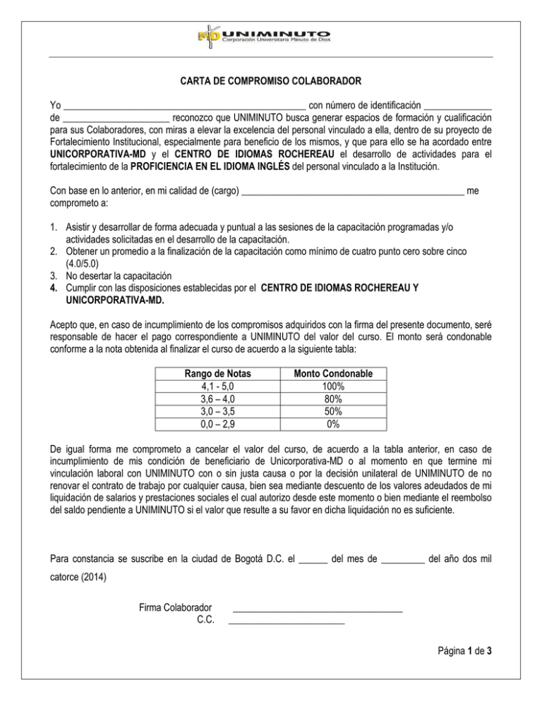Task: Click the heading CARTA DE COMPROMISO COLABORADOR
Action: (x=270, y=81)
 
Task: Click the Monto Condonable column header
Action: (x=328, y=374)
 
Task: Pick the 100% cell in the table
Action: (x=328, y=386)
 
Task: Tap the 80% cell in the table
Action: (x=328, y=399)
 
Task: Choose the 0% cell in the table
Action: (x=328, y=425)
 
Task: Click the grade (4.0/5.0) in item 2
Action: (x=80, y=262)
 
